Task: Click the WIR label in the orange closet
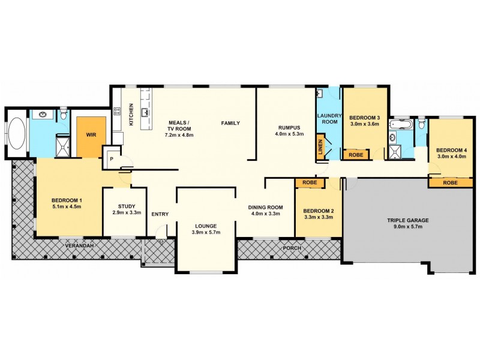[91, 135]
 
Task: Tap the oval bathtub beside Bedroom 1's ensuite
[17, 134]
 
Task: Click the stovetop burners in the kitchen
[116, 110]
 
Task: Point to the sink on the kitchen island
[145, 112]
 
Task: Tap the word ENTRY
[160, 214]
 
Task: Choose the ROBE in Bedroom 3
[355, 154]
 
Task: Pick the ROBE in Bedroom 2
[310, 182]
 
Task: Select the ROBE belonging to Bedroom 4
[450, 182]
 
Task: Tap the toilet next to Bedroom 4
[421, 124]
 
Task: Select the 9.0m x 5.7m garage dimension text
[407, 227]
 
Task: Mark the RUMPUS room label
[288, 127]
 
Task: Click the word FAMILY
[230, 123]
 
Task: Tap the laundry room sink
[321, 94]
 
